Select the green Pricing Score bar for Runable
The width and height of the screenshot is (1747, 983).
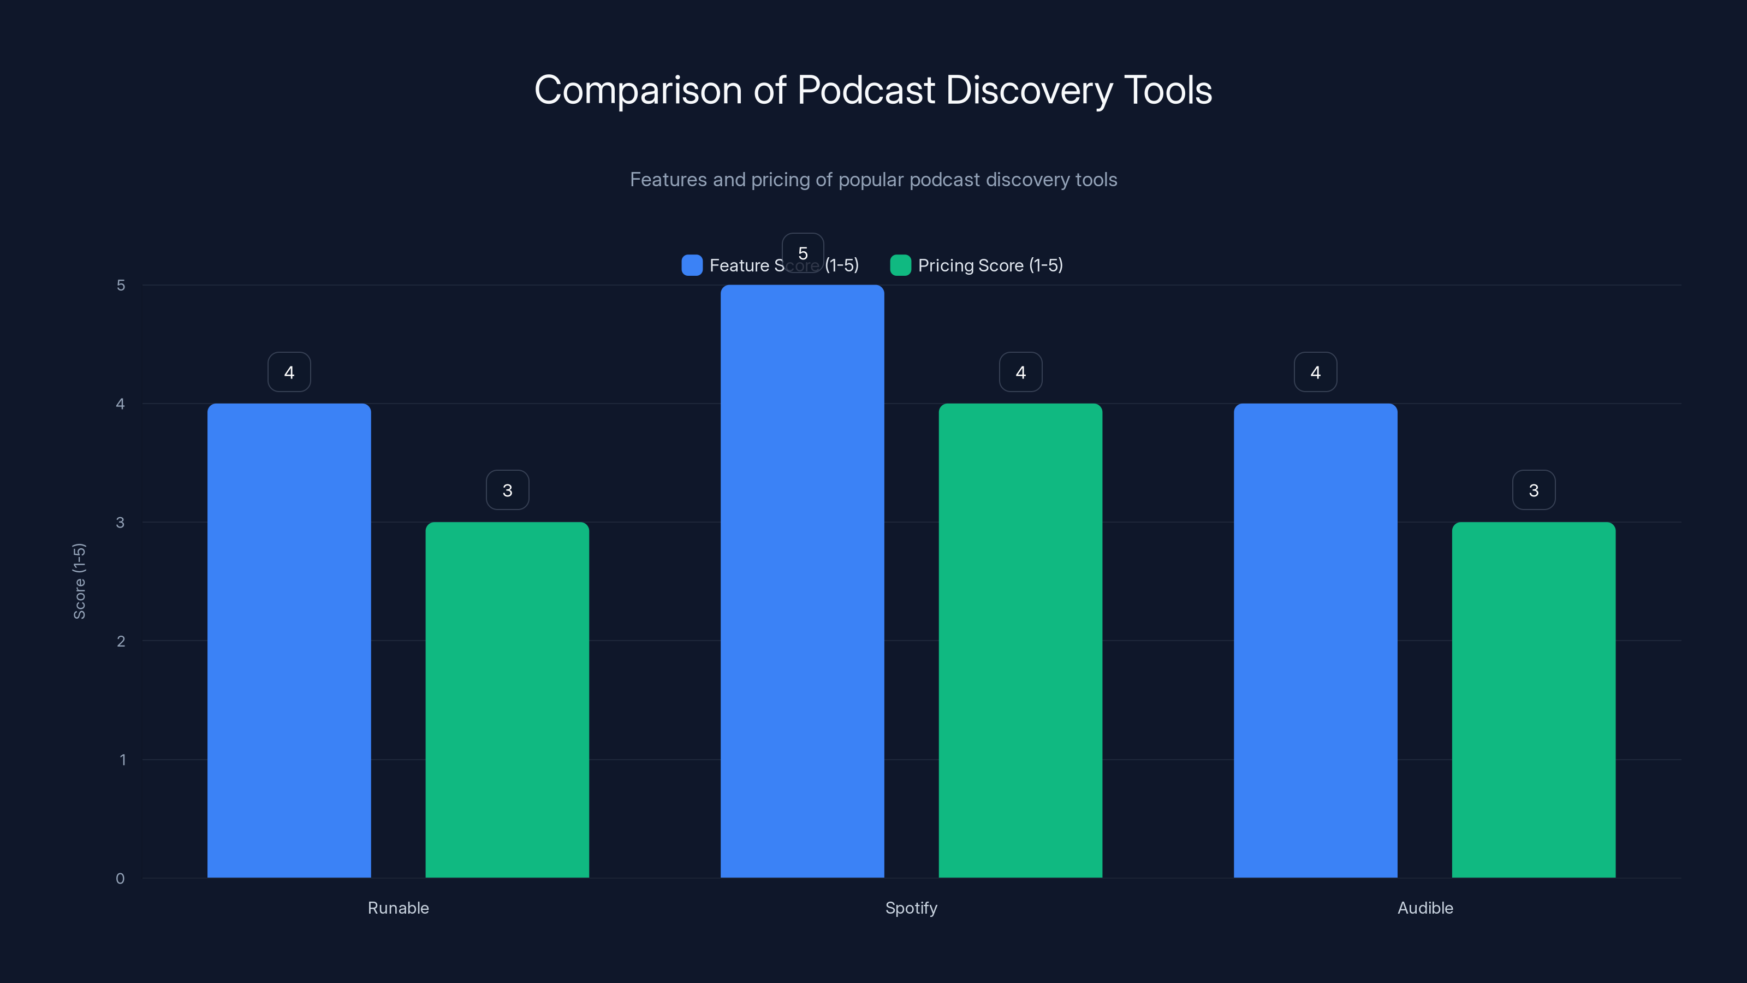507,700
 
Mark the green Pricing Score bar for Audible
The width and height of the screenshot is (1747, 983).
1534,700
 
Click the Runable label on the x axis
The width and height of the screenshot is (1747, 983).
398,908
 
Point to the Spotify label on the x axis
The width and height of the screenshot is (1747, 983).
911,908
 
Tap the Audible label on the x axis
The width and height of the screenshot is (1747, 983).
1425,908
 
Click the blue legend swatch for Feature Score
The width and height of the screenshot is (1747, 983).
692,265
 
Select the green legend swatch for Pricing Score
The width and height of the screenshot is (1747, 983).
900,265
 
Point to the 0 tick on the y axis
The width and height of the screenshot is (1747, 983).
120,879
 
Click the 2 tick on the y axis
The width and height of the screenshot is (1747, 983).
121,641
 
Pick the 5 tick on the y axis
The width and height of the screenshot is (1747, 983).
121,285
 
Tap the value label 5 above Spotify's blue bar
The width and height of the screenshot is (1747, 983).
803,253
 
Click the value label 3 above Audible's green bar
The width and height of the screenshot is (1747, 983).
1534,490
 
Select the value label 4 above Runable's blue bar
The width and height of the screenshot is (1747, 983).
289,372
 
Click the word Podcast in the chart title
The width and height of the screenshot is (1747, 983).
865,90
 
